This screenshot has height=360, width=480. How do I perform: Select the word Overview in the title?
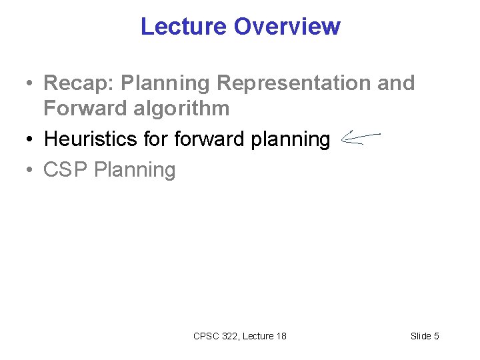coord(287,27)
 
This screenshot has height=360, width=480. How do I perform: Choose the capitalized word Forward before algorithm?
coord(76,108)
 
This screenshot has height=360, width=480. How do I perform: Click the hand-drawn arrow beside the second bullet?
coord(359,138)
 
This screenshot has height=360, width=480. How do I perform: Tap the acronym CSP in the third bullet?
coord(66,170)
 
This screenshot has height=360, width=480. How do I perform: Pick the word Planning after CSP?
coord(135,170)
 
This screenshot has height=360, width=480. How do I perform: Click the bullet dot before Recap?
coord(30,85)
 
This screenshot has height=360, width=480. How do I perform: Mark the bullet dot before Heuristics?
coord(30,140)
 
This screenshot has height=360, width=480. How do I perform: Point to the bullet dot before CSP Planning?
coord(30,171)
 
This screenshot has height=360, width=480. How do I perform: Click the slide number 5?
coord(436,336)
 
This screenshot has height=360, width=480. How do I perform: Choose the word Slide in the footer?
coord(421,336)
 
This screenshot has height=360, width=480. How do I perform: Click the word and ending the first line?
coord(395,83)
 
